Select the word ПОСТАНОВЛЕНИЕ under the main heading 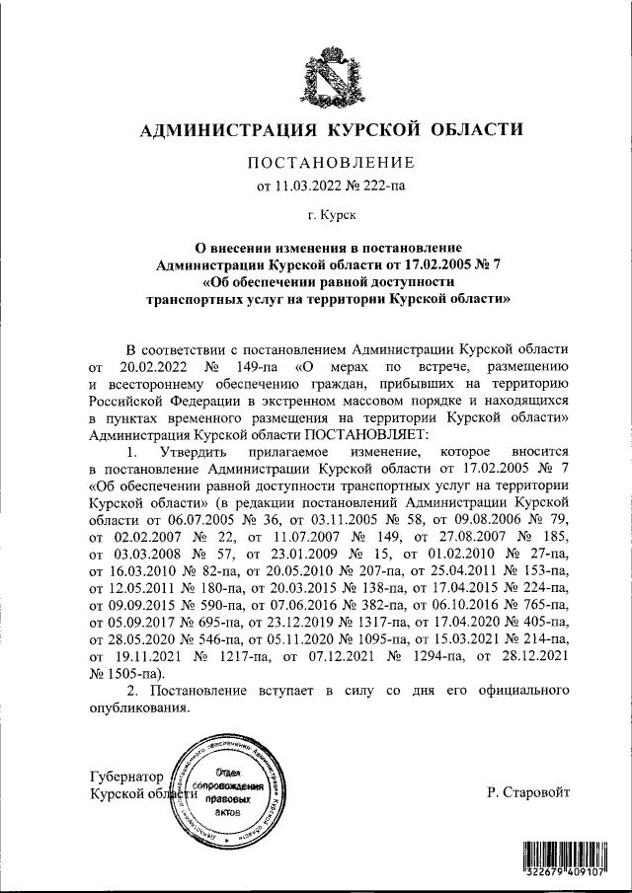click(316, 162)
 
